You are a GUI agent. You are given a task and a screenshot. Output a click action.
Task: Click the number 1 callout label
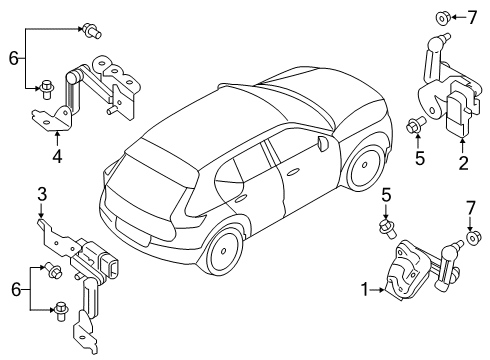tap(367, 291)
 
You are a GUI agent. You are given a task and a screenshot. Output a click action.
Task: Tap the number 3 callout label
tap(40, 192)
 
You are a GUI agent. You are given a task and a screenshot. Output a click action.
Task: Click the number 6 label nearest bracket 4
tap(14, 60)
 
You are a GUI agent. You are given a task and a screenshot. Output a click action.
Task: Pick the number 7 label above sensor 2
tap(473, 16)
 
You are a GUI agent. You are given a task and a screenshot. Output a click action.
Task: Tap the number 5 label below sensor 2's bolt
tap(420, 156)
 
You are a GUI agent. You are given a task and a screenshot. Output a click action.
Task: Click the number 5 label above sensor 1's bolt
tap(384, 196)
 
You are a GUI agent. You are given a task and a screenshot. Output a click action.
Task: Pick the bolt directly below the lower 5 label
tap(384, 227)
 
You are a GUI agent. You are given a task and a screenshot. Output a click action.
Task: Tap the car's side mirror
tap(320, 144)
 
